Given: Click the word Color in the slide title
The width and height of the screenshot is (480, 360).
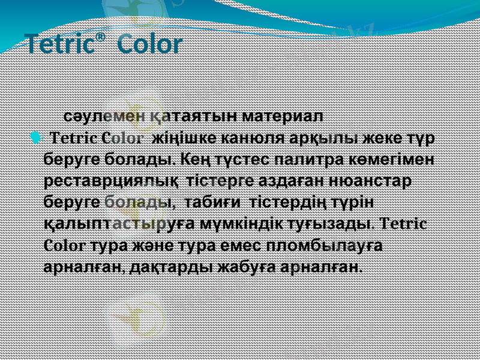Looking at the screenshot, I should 149,45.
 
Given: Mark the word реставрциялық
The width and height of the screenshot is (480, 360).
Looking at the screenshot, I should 112,181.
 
